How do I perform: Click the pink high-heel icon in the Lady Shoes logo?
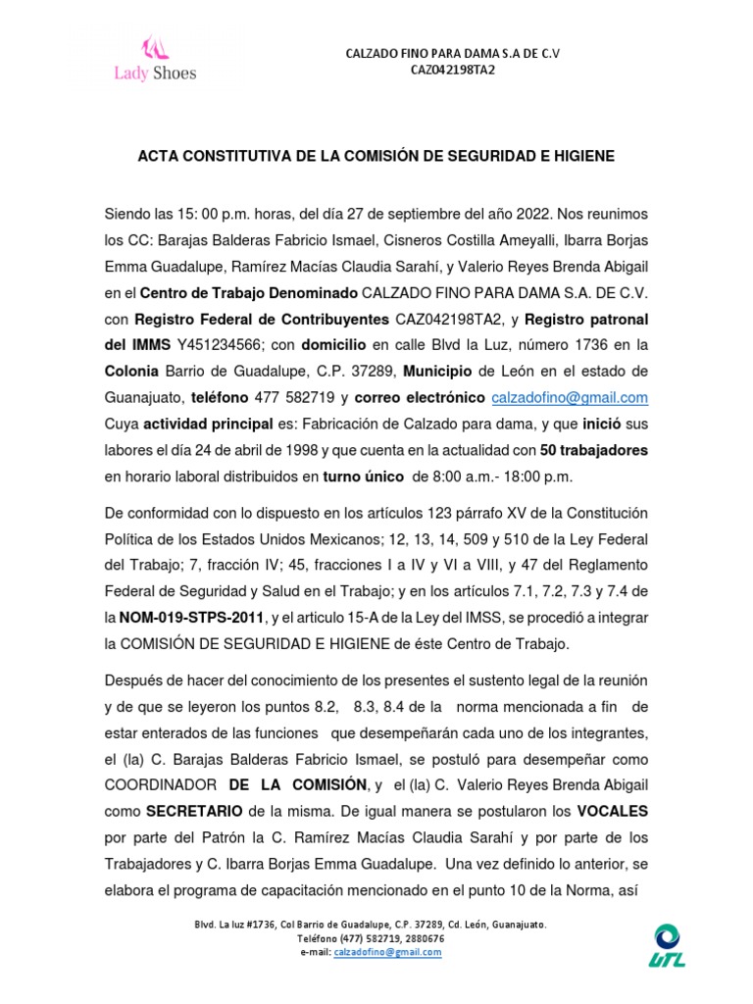[x=155, y=46]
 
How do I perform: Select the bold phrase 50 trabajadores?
[x=594, y=450]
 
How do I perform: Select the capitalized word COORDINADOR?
[x=161, y=784]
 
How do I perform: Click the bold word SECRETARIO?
[x=193, y=811]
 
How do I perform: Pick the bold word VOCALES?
[x=612, y=811]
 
